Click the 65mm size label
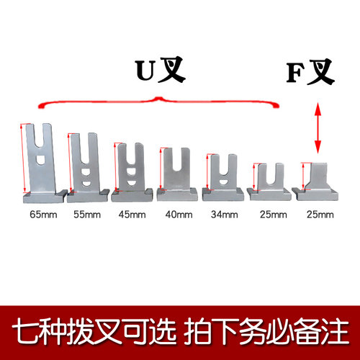tap(43, 215)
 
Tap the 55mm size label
tap(87, 215)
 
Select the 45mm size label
tap(132, 215)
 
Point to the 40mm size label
tap(179, 215)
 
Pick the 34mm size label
tap(225, 215)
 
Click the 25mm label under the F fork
tap(320, 215)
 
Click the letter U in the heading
tap(145, 71)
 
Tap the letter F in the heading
tap(296, 73)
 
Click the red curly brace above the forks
tap(158, 100)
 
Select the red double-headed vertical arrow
tap(318, 128)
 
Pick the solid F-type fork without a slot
tap(316, 181)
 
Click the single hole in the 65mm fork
tap(40, 160)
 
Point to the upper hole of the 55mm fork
tap(86, 171)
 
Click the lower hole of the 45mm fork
tap(131, 184)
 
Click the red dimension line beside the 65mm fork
tap(23, 158)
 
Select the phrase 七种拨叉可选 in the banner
tap(94, 332)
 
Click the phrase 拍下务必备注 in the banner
tap(266, 332)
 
